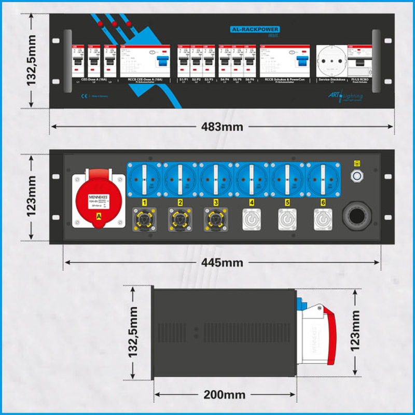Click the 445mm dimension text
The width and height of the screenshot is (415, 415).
pos(223,262)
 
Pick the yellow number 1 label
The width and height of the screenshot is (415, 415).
pos(145,202)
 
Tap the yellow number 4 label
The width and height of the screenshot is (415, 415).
pos(252,202)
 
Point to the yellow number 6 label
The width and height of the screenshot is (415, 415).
pos(323,202)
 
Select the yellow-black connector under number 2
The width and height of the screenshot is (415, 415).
pos(180,220)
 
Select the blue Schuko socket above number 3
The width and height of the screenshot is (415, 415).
pos(216,178)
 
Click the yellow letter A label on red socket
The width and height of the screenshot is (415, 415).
pos(99,222)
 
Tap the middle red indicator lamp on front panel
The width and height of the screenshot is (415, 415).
pos(114,24)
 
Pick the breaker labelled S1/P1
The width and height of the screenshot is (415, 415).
pos(183,64)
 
